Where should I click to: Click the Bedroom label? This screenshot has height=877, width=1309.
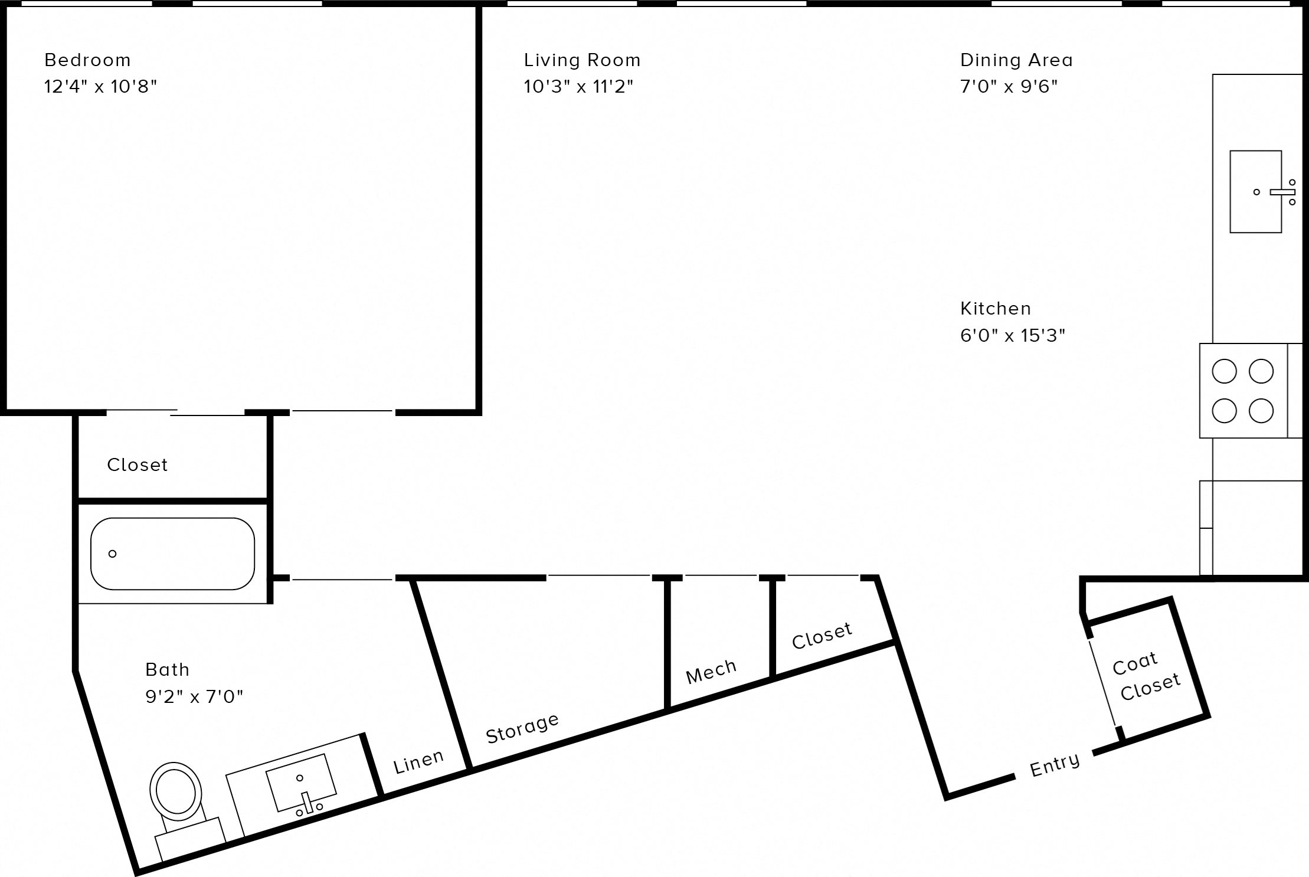coord(87,60)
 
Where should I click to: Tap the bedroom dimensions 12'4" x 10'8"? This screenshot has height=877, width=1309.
coord(100,87)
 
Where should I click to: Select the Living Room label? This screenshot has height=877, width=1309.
coord(582,60)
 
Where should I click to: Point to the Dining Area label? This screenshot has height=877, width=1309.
coord(1016,60)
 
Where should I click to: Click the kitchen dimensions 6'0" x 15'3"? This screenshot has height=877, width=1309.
coord(1012,336)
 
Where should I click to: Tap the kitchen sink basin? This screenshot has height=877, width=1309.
coord(1251,192)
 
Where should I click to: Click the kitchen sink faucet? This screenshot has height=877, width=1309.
coord(1282,192)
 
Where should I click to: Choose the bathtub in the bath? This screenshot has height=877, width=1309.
coord(172,554)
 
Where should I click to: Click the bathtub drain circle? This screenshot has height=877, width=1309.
coord(112,554)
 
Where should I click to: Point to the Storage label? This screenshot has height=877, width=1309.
coord(522,728)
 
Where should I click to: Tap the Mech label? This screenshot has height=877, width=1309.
coord(711,672)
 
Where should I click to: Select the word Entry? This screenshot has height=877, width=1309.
coord(1054,765)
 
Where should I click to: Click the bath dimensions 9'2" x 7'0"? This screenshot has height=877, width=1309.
coord(194,697)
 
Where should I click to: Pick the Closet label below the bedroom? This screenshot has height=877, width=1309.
coord(137,465)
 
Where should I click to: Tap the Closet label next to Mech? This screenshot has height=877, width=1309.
coord(822,636)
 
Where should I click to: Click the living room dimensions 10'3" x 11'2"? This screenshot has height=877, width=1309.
coord(578,87)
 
